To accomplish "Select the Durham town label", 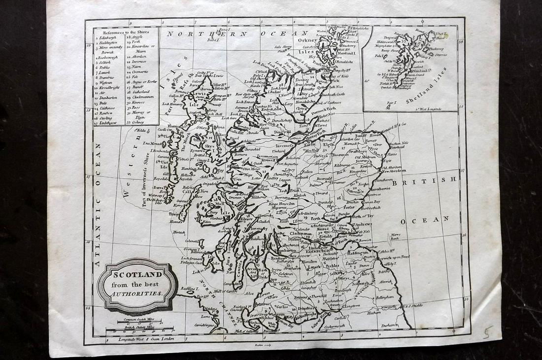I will tap(389, 325).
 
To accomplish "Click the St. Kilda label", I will tap(140, 131).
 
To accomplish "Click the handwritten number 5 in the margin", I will tap(487, 332).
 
